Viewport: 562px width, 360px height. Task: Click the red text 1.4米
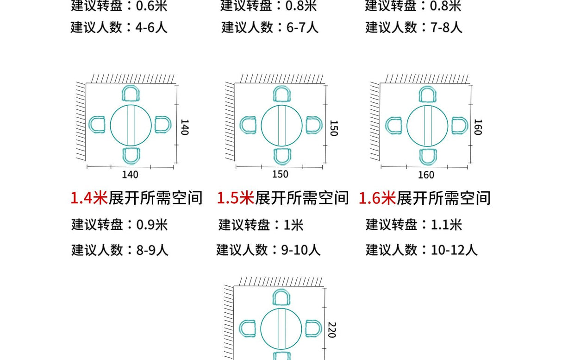[89, 198]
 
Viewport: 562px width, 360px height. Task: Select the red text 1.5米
[236, 198]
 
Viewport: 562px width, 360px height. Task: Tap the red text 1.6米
[377, 198]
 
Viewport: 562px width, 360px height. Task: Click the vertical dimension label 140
[184, 127]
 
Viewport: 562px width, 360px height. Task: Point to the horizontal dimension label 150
[280, 174]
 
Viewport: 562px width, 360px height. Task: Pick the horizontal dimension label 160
[426, 175]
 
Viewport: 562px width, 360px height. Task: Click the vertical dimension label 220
[331, 329]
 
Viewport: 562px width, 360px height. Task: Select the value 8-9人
[152, 250]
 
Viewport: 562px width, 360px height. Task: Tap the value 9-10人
[301, 250]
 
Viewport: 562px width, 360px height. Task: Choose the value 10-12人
[454, 250]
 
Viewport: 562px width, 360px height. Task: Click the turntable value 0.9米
[152, 225]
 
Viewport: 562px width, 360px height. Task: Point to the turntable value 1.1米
[446, 225]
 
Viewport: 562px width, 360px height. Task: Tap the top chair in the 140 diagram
[131, 94]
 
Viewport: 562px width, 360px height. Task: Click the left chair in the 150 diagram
[248, 125]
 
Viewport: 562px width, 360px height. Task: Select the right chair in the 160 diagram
[459, 126]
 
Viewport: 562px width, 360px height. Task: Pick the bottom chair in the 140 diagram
[131, 156]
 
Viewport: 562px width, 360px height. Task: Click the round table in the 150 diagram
[281, 126]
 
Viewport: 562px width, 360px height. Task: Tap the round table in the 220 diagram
[281, 329]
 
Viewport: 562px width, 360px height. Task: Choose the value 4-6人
[152, 27]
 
